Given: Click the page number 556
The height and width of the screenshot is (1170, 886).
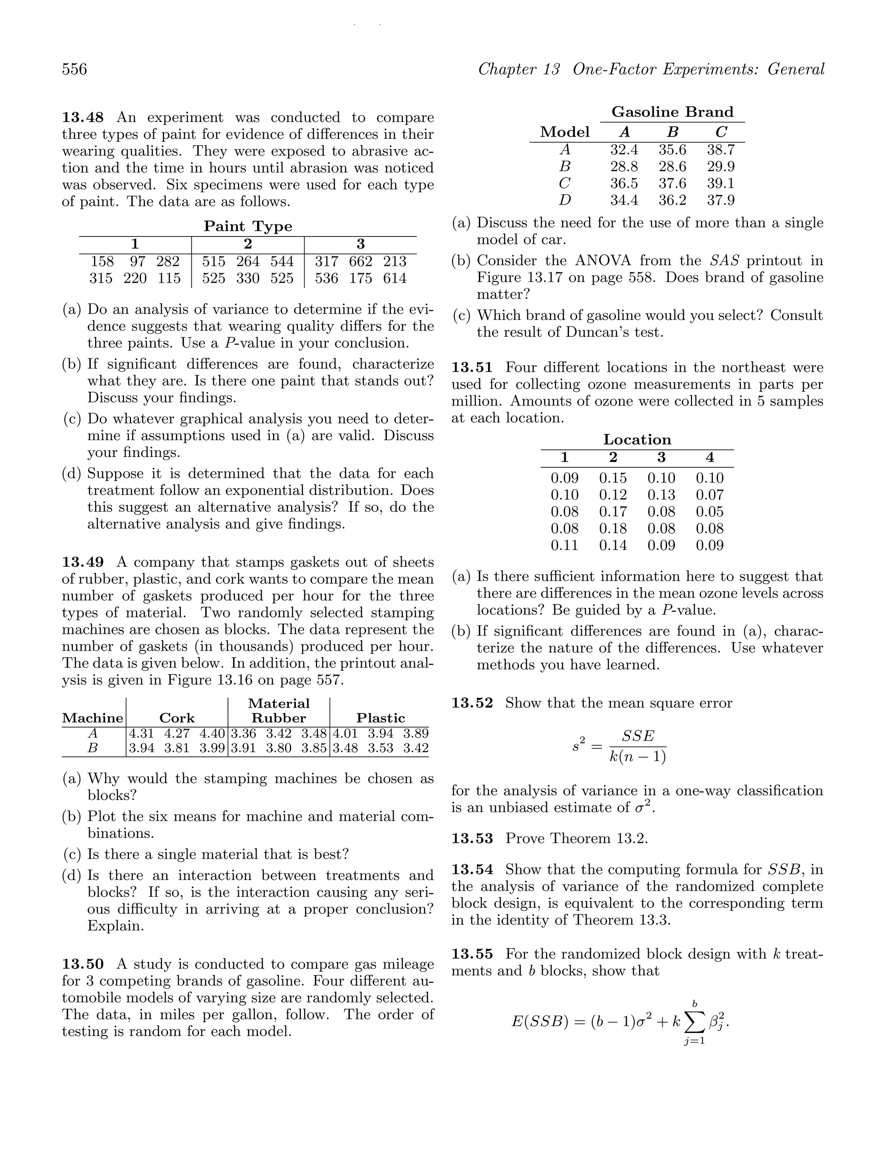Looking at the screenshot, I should (x=75, y=69).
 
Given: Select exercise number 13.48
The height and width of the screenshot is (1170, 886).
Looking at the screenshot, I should (x=83, y=118).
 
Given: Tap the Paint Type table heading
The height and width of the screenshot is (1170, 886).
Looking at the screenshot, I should (x=248, y=227).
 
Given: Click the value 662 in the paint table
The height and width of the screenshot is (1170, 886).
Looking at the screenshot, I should (x=360, y=261).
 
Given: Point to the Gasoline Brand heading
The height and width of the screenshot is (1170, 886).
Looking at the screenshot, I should (x=672, y=112).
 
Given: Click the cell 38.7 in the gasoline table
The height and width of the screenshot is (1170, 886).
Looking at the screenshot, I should (x=720, y=150).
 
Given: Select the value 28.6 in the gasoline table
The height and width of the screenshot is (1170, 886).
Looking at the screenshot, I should (x=672, y=166).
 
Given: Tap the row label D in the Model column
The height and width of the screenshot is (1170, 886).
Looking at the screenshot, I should (x=565, y=200).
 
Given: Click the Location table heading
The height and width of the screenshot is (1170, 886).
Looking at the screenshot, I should (x=637, y=440).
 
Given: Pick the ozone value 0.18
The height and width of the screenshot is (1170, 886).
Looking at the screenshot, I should (x=613, y=528).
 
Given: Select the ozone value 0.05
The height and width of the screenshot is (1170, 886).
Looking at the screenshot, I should (x=709, y=511).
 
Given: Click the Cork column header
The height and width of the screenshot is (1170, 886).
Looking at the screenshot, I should (x=177, y=718).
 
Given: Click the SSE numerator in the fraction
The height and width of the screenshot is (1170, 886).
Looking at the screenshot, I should (x=638, y=736).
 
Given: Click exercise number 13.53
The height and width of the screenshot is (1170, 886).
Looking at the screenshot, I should (x=472, y=838).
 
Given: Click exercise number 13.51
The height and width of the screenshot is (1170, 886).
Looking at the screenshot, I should (x=472, y=368).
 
